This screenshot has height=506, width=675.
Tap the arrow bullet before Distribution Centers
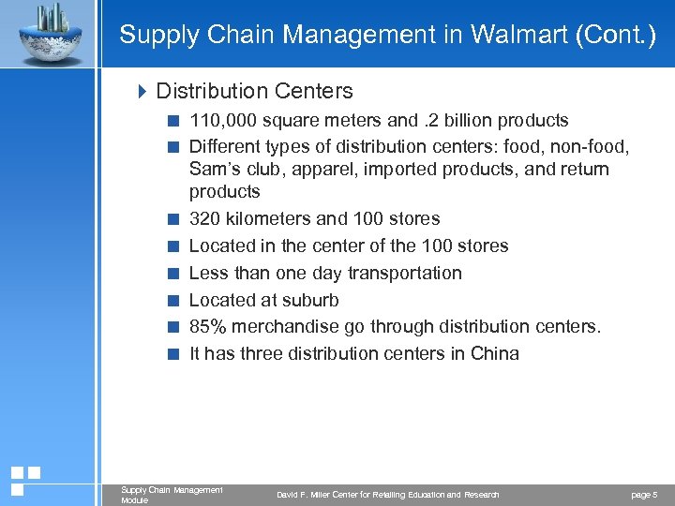tap(142, 91)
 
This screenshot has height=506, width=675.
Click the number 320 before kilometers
tap(203, 218)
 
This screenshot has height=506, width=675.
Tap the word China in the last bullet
tap(493, 354)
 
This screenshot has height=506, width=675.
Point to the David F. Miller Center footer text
tap(387, 494)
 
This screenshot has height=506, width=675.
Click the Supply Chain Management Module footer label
tap(172, 494)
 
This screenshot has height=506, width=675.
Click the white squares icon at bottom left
tap(25, 480)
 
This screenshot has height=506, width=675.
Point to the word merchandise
tap(282, 327)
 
